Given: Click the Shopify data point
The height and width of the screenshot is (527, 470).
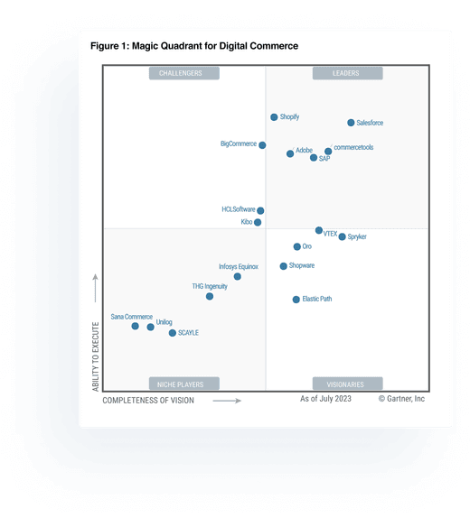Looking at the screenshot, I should (x=274, y=117).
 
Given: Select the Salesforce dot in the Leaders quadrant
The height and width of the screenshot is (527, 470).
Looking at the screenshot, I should (x=351, y=123).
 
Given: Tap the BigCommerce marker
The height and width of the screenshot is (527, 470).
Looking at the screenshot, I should (x=262, y=145).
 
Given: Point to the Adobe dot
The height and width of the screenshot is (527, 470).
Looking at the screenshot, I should (x=290, y=153).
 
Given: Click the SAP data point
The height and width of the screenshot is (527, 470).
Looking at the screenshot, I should (x=314, y=158).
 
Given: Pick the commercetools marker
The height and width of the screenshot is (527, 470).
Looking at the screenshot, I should (x=328, y=152).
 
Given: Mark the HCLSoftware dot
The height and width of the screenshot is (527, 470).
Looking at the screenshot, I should (x=260, y=211).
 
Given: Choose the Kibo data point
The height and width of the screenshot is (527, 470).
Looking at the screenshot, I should (x=258, y=222).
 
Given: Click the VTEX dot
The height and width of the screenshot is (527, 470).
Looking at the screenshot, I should (x=319, y=230).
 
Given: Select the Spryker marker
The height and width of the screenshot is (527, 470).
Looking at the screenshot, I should (x=342, y=237).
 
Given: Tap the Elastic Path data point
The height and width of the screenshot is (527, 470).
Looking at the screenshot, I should (x=296, y=300).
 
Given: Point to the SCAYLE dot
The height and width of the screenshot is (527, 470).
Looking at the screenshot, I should (x=173, y=333).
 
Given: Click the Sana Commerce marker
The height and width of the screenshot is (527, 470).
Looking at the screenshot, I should (x=135, y=326).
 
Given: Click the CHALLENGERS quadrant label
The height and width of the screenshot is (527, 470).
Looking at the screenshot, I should (x=180, y=73).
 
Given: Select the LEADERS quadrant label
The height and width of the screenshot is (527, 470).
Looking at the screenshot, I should (x=345, y=73).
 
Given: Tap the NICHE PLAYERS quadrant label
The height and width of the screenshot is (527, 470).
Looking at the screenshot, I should (x=181, y=384).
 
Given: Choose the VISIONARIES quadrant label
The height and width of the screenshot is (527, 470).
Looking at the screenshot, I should (x=347, y=384).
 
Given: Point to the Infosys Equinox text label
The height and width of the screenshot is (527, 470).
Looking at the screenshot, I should (x=239, y=267).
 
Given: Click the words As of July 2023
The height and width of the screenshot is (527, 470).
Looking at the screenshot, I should (x=326, y=398).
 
